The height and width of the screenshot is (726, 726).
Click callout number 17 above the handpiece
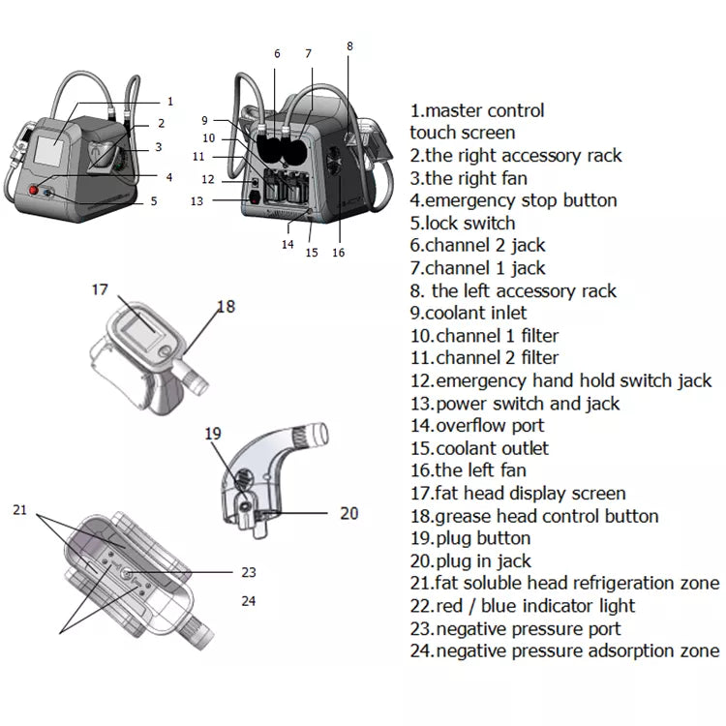tap(101, 288)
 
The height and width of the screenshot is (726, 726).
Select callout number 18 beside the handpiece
tap(226, 306)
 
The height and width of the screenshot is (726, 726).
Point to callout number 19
tap(214, 433)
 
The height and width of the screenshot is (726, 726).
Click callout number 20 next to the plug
tap(349, 513)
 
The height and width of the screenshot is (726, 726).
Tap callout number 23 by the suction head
tap(248, 571)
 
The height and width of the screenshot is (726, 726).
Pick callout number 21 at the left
tap(20, 510)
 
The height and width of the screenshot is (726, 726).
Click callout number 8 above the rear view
tap(349, 45)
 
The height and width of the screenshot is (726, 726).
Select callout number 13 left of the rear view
tap(197, 200)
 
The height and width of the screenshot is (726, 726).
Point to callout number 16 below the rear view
tap(338, 253)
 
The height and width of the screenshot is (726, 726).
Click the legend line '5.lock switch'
tap(463, 223)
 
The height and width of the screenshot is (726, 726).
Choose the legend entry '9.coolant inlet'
tap(469, 313)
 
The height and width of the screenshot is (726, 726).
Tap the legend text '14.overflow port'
tap(477, 425)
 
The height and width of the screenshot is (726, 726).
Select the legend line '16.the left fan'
tap(469, 470)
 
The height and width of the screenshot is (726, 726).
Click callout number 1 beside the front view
tap(170, 101)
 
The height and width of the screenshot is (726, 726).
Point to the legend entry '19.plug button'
tap(470, 538)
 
